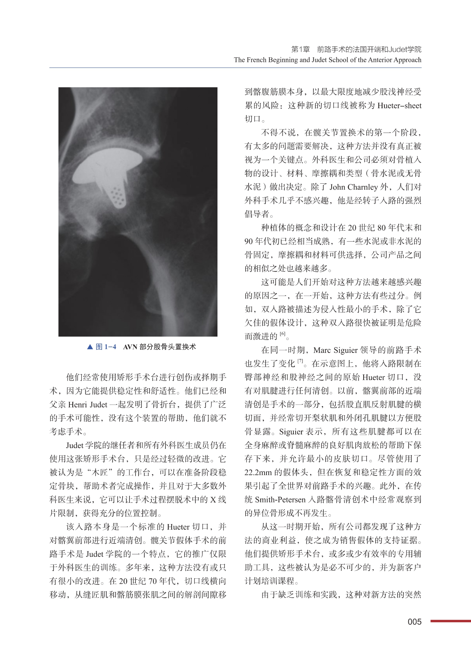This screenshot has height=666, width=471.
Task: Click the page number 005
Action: click(414, 622)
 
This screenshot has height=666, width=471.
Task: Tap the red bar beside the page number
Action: click(451, 621)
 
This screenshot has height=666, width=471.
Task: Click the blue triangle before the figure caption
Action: click(90, 347)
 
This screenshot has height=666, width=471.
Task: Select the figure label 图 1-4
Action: click(106, 347)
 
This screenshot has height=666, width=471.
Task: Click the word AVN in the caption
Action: click(130, 347)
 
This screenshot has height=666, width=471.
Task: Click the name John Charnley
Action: click(353, 187)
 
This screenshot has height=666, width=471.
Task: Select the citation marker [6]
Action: click(282, 334)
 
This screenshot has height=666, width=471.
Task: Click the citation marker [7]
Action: click(300, 362)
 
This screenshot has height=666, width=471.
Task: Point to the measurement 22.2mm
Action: click(258, 472)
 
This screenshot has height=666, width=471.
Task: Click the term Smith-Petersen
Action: click(280, 500)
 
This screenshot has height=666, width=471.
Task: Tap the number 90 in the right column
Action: click(249, 241)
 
